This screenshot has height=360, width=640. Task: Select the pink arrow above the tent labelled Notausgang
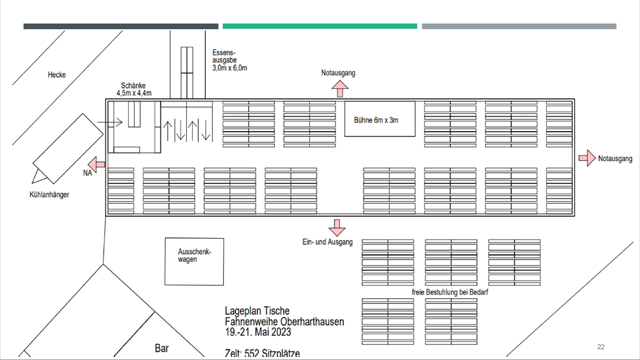coord(340,89)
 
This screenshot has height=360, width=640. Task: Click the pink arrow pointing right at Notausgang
coord(587,158)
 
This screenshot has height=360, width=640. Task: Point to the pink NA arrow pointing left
coord(97,165)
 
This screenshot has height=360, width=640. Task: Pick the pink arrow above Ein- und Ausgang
coord(337,228)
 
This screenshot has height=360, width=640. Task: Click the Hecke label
coord(57,75)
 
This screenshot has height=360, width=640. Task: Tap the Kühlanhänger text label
coord(49,194)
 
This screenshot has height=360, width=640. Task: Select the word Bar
coord(162,348)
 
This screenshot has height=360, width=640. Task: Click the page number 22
coord(601,347)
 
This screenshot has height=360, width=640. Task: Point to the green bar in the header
coord(320,26)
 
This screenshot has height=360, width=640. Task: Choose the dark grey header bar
coord(121,26)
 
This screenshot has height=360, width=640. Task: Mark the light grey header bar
coord(519,26)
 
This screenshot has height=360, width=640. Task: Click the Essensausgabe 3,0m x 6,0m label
coord(230,60)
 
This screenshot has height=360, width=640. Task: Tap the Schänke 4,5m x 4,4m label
coord(134,89)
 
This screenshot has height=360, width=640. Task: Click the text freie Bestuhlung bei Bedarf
coord(450,292)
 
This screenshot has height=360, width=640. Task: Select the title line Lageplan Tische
coord(257,311)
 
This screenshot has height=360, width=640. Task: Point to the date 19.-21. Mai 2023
coord(258,332)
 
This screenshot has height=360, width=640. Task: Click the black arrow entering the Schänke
coord(110,122)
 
